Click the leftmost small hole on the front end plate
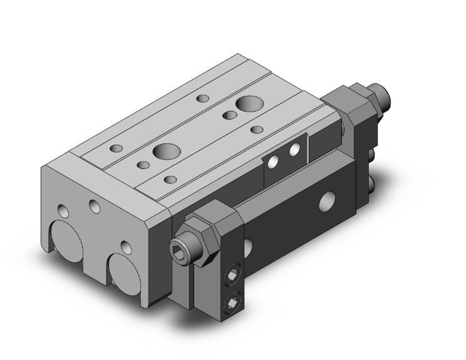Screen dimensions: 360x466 pyautogui.click(x=62, y=210)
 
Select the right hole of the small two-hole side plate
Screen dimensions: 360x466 pyautogui.click(x=293, y=150)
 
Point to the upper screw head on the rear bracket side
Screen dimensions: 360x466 pyautogui.click(x=371, y=153)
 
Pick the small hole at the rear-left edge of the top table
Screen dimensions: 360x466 pyautogui.click(x=202, y=98)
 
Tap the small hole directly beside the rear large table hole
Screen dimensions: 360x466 pyautogui.click(x=229, y=115)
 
